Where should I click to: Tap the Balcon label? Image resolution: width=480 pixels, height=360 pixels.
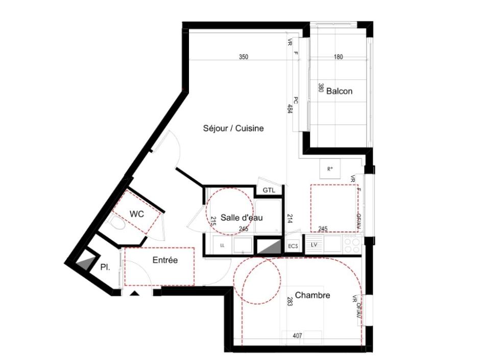(339, 91)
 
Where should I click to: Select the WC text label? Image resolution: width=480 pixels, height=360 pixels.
(136, 214)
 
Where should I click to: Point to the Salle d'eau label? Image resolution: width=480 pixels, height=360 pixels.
(242, 218)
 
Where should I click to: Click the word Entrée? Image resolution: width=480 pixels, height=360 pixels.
(165, 260)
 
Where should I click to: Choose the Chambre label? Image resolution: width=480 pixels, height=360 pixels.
(313, 295)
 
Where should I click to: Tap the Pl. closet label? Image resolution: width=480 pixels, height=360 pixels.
(105, 267)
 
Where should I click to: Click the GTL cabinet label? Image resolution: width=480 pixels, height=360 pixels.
(269, 190)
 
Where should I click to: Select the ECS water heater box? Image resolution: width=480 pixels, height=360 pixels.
(293, 246)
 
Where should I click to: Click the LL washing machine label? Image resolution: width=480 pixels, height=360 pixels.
(222, 246)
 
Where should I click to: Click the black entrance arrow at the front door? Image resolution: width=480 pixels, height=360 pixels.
(135, 293)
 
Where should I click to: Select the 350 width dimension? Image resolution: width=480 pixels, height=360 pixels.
(244, 57)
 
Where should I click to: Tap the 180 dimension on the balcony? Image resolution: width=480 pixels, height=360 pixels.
(338, 57)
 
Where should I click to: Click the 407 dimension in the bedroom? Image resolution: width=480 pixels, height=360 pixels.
(298, 336)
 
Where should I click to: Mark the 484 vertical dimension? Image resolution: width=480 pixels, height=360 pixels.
(290, 108)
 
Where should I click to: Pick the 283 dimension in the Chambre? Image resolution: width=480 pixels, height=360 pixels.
(290, 301)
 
